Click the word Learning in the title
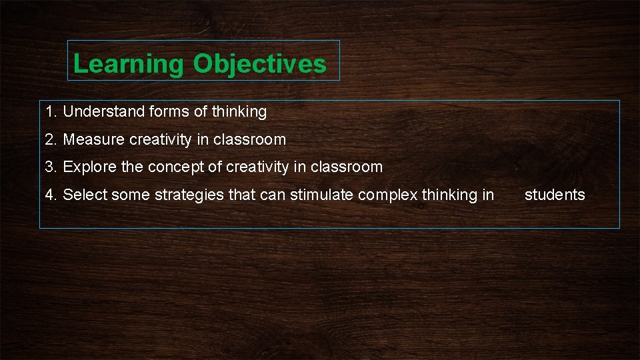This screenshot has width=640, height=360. click(x=128, y=64)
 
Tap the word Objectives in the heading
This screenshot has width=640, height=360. click(x=260, y=64)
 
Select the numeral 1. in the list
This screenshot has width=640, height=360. click(x=51, y=111)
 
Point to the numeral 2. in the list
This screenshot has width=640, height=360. click(x=51, y=139)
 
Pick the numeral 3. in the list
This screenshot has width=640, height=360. click(x=51, y=167)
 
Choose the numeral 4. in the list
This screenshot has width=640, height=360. click(x=51, y=195)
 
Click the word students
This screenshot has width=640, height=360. click(x=555, y=195)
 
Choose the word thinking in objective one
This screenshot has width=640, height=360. click(x=239, y=111)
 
